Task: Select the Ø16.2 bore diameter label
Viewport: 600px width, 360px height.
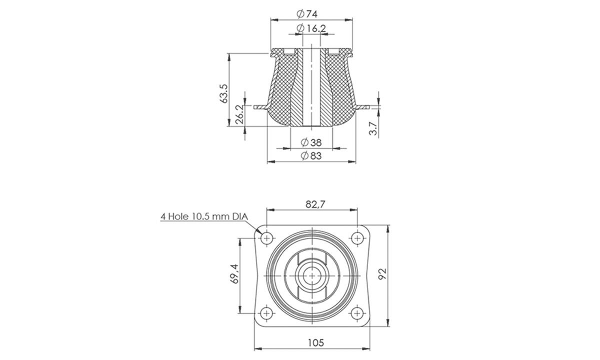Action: click(311, 28)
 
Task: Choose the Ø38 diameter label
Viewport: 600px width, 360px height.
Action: click(311, 142)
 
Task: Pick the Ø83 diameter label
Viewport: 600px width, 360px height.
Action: click(311, 156)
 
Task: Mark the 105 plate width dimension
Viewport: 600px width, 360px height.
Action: click(315, 342)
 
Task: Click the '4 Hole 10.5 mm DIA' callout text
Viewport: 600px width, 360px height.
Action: click(204, 217)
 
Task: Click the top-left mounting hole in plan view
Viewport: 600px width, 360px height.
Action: click(267, 237)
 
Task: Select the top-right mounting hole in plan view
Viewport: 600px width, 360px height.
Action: click(357, 237)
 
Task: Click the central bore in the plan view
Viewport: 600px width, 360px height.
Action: click(312, 275)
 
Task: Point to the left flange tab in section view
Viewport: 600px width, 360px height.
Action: click(261, 107)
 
